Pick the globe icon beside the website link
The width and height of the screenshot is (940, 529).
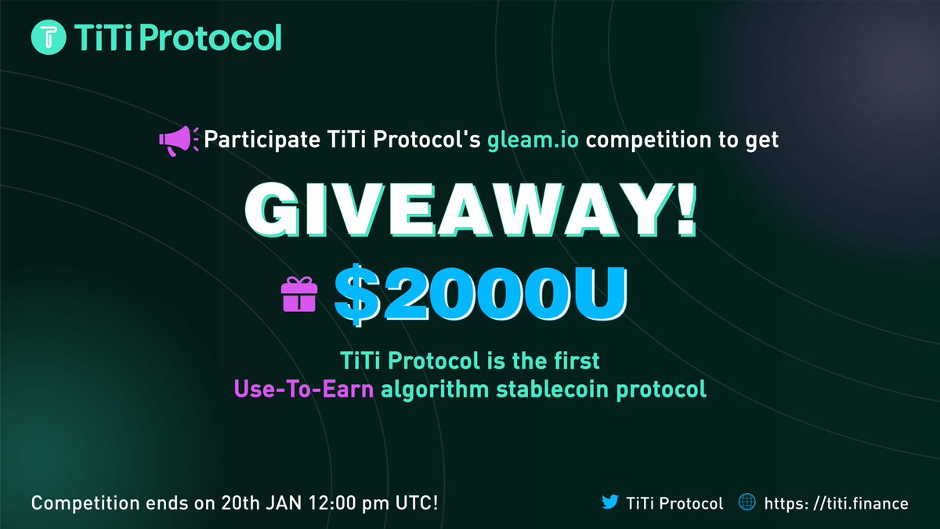(745, 502)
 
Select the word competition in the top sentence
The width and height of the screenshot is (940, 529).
(655, 140)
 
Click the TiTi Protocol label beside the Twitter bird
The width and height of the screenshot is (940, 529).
(675, 502)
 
